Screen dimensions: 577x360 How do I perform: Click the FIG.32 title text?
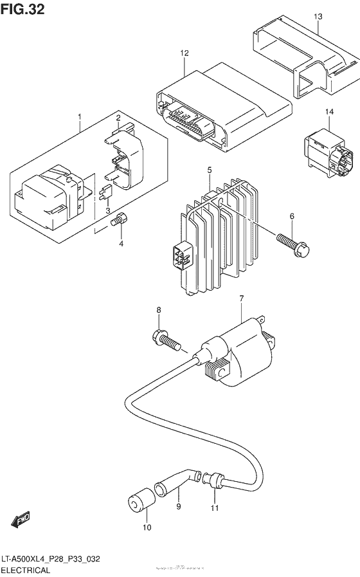point(23,11)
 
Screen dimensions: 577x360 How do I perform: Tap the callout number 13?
point(318,15)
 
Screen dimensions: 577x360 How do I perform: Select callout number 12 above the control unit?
point(184,53)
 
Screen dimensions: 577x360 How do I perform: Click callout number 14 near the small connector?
point(329,112)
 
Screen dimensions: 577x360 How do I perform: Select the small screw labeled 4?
point(117,222)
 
